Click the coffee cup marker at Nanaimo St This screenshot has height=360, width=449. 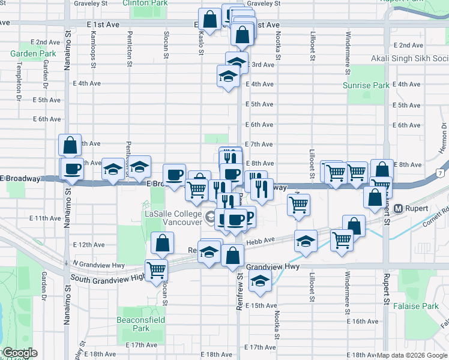73,169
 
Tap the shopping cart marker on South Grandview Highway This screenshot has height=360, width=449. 157,269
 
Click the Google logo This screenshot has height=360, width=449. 19,353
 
